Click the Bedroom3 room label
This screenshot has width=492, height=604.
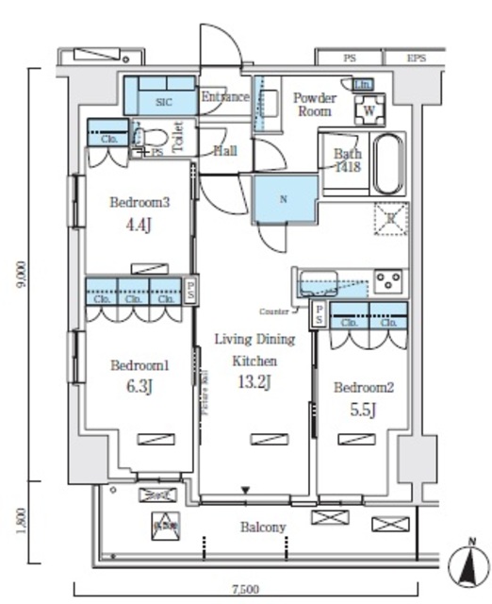(140, 202)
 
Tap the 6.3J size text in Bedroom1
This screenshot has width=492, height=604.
(139, 387)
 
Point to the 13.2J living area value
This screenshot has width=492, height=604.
(253, 381)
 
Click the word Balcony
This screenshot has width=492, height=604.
(262, 527)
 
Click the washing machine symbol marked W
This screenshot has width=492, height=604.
(369, 109)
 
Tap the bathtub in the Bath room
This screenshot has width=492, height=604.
(388, 164)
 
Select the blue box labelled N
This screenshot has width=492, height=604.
(284, 200)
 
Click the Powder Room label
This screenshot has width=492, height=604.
(314, 104)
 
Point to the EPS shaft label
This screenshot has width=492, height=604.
(416, 58)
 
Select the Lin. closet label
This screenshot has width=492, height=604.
(362, 85)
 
